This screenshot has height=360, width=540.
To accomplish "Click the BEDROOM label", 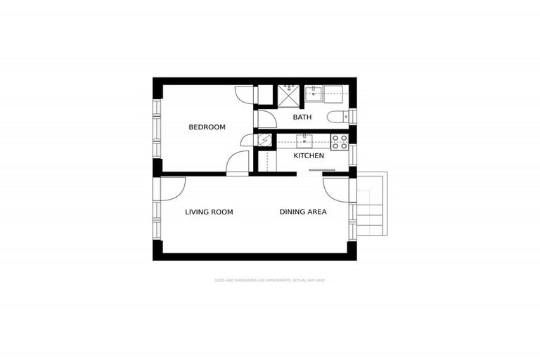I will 207,127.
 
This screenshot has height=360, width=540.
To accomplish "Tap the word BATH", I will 302,117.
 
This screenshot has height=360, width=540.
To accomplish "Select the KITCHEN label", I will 308,155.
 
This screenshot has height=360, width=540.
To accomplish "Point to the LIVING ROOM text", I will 209,212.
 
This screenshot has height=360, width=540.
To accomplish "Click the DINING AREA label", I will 303,212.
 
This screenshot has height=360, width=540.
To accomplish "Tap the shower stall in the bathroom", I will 288,94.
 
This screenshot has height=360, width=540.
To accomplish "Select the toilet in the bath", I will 336,117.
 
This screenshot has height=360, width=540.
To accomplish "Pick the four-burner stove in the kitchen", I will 339,141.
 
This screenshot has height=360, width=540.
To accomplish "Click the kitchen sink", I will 303,139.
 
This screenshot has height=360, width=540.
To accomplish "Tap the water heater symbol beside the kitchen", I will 263,140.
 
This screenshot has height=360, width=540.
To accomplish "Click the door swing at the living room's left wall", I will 172,187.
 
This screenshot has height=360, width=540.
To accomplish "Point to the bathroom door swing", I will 266,117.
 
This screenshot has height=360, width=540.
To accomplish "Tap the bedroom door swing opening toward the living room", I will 238,163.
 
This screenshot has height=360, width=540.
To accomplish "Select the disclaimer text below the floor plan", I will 269,280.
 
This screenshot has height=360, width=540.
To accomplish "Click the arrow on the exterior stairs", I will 361,191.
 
